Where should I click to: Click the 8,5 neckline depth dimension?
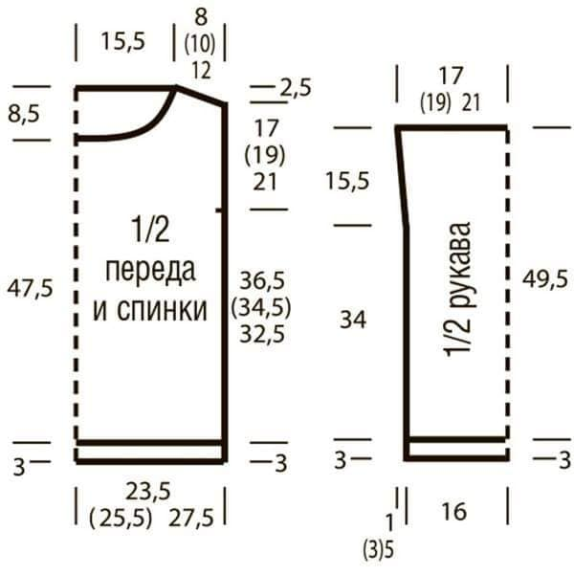24,114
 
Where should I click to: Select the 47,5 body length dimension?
30,288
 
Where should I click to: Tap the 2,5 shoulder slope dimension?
296,88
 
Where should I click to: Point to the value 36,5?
262,280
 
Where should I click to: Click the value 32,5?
262,334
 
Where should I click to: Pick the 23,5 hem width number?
148,492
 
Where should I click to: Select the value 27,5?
191,518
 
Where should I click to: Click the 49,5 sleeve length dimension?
545,279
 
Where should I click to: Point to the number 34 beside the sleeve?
353,320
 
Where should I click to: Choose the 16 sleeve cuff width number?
454,512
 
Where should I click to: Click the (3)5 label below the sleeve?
378,550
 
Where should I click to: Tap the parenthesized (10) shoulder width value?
200,44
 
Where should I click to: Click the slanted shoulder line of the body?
200,96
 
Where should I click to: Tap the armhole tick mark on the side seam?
219,210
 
